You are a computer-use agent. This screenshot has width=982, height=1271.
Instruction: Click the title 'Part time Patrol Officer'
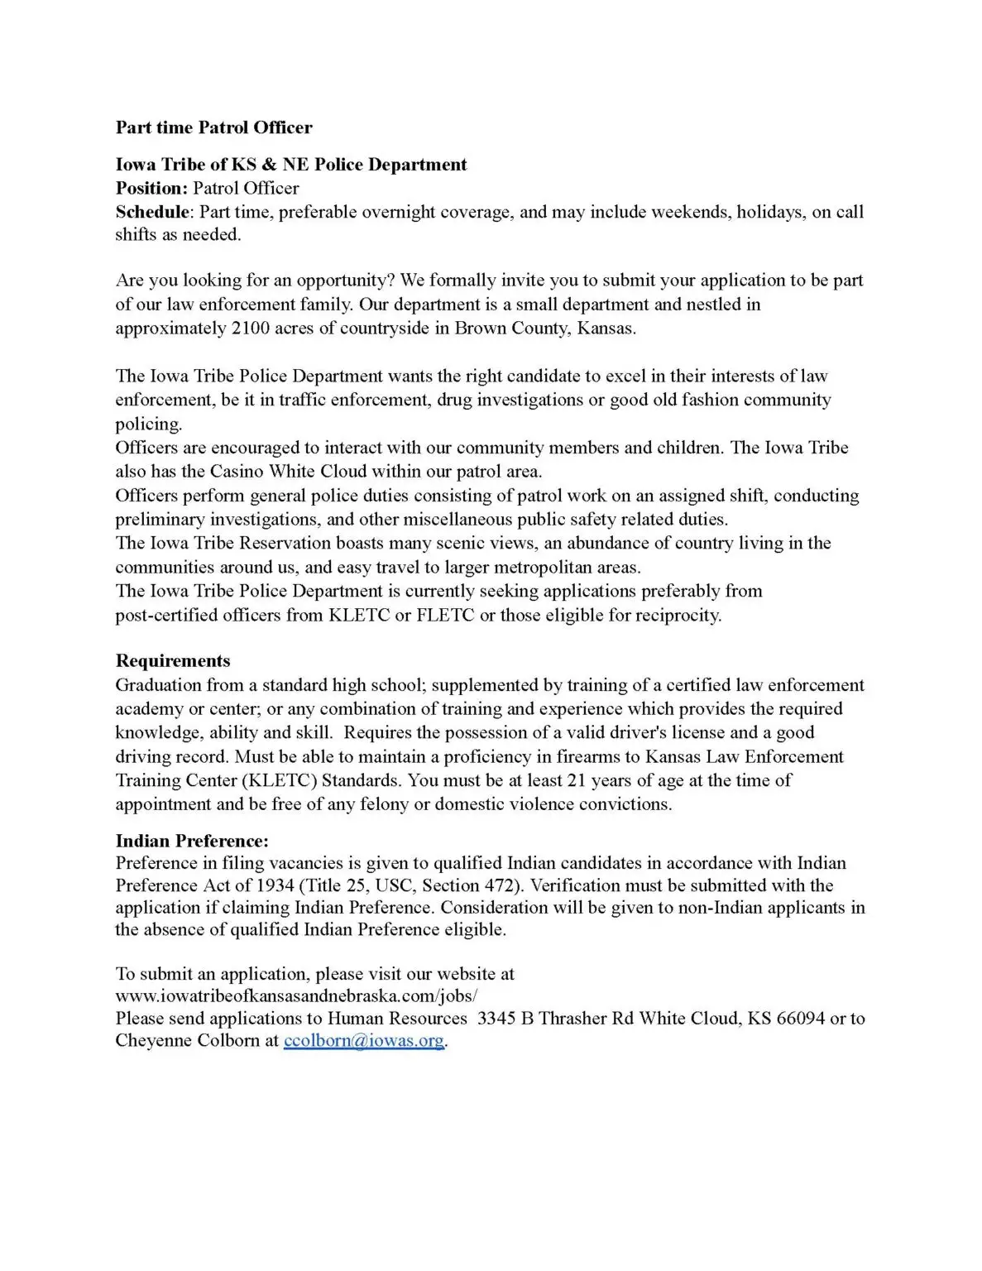(x=213, y=127)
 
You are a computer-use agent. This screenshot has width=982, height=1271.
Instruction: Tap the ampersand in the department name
(x=269, y=165)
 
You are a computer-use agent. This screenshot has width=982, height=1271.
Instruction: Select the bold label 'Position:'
(x=152, y=189)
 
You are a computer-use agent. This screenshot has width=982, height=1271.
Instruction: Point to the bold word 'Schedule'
(x=152, y=212)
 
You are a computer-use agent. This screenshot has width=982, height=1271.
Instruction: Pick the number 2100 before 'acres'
(x=251, y=329)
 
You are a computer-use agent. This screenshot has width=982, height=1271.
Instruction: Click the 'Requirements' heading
(x=173, y=661)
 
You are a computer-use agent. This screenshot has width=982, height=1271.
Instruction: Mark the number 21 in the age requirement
(x=577, y=780)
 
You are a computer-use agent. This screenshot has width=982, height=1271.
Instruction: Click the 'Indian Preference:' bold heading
(x=192, y=842)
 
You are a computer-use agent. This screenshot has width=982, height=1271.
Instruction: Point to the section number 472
(x=500, y=885)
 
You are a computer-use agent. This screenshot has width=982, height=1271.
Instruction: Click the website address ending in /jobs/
(x=296, y=996)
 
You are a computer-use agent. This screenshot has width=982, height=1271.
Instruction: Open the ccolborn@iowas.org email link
(x=364, y=1041)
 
